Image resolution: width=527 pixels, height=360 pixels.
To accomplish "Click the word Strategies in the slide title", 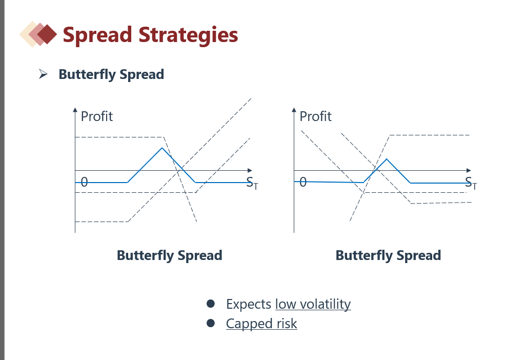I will [x=189, y=35].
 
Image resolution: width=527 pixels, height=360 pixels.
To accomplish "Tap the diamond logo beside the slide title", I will [x=38, y=34].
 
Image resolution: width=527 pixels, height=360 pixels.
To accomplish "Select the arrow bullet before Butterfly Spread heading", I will [x=44, y=74].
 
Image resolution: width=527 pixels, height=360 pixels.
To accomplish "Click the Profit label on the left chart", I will [x=97, y=116].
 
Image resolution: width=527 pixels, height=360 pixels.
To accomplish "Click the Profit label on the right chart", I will [x=315, y=116].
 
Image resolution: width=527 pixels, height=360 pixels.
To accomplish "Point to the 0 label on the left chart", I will [x=84, y=182].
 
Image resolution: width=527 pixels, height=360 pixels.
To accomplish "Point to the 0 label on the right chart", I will [x=303, y=182].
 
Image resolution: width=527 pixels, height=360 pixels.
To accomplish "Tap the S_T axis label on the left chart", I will [x=252, y=183].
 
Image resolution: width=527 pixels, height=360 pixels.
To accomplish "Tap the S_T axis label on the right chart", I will [x=471, y=183].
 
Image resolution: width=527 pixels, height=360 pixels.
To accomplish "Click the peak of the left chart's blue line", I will [x=162, y=148].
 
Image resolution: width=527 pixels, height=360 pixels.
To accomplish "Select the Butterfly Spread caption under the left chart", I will [x=170, y=255].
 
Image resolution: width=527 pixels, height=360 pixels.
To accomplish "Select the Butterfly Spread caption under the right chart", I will [x=388, y=255].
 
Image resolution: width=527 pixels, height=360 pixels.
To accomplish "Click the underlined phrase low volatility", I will [x=313, y=304].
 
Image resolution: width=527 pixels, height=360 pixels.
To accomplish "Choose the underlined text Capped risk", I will [x=261, y=324].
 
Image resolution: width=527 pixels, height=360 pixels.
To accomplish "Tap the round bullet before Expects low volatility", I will [x=210, y=304].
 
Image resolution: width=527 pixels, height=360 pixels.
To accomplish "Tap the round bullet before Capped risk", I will [x=210, y=324].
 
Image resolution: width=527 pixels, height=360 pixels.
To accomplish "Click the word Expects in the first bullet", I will [x=248, y=304].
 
